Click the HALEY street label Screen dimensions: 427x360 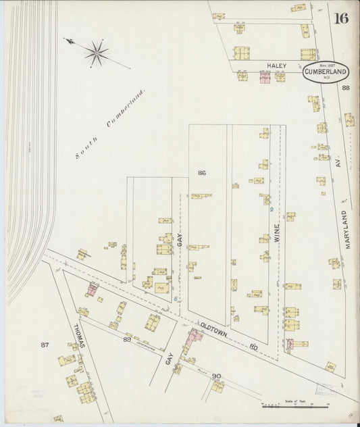click(x=277, y=66)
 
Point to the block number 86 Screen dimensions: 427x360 click(x=201, y=174)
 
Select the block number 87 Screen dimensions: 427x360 click(x=45, y=345)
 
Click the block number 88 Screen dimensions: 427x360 click(x=346, y=88)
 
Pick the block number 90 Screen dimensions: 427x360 click(x=216, y=375)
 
